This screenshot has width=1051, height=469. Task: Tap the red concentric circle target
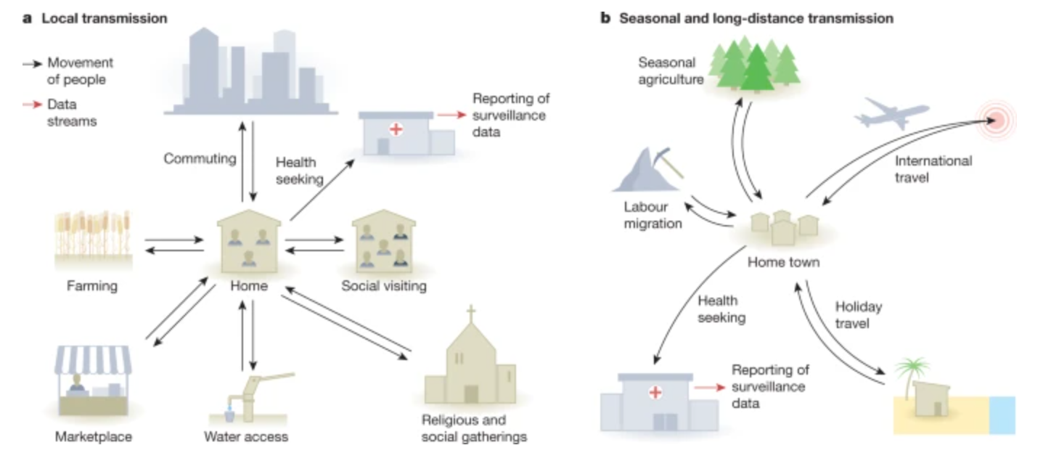click(996, 119)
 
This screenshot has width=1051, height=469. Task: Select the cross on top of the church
click(471, 316)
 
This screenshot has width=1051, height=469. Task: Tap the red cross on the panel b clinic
click(655, 392)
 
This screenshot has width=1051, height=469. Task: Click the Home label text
click(249, 286)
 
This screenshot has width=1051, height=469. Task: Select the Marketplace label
click(94, 436)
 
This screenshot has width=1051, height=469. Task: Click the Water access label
click(246, 436)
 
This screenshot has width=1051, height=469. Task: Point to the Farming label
click(91, 286)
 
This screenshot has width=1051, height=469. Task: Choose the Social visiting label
click(384, 286)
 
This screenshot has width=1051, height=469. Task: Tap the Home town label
click(784, 262)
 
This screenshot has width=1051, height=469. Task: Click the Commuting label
click(200, 158)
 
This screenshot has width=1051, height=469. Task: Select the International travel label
click(933, 168)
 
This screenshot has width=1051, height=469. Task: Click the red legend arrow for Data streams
click(33, 104)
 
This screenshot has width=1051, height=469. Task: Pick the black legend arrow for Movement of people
click(33, 64)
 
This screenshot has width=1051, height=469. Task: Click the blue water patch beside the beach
click(1002, 415)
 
